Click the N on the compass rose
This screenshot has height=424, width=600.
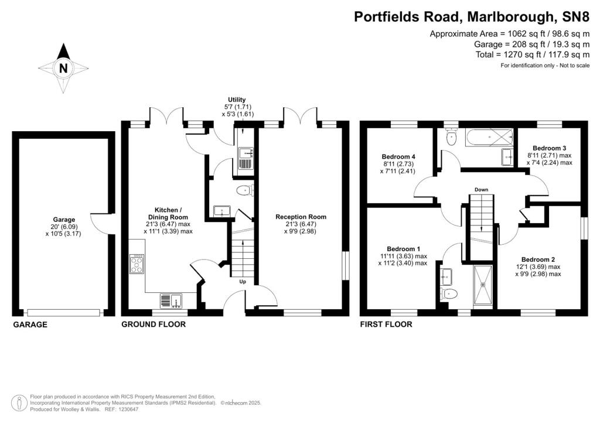63,69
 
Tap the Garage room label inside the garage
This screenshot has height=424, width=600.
64,220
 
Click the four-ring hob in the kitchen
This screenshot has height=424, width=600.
137,264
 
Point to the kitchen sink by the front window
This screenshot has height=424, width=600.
171,300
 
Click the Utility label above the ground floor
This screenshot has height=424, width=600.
237,100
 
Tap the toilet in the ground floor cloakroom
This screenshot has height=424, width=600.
243,190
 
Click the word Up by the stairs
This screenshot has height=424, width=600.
243,282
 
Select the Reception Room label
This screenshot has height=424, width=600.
301,217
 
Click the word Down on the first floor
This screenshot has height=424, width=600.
482,190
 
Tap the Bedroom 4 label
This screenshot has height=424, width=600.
398,156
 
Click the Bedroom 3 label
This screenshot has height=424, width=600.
549,148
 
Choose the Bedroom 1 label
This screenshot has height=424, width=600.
403,249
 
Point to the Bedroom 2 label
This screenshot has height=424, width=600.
538,259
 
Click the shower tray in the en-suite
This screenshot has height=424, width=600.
483,286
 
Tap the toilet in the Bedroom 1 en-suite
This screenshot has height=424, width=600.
449,294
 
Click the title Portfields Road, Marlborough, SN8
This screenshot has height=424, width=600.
472,17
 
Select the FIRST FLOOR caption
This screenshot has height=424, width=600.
386,324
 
